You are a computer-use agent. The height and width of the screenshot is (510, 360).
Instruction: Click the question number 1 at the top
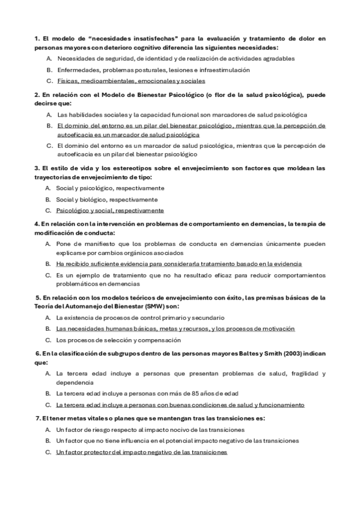[37, 38]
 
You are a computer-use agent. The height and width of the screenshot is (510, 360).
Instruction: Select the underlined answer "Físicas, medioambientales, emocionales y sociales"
[131, 81]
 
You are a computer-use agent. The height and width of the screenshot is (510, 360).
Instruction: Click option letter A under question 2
[49, 114]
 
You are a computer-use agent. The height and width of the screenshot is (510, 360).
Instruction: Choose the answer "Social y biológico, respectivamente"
[107, 199]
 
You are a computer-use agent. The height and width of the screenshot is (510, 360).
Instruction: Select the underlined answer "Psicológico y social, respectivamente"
[110, 210]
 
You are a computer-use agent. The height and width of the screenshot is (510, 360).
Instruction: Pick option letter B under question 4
[49, 263]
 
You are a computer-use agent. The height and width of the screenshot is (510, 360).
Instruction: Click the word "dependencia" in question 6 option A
[75, 382]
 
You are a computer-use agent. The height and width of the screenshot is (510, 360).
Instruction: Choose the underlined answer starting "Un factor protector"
[142, 452]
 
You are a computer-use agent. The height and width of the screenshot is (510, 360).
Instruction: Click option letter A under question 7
[49, 430]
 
